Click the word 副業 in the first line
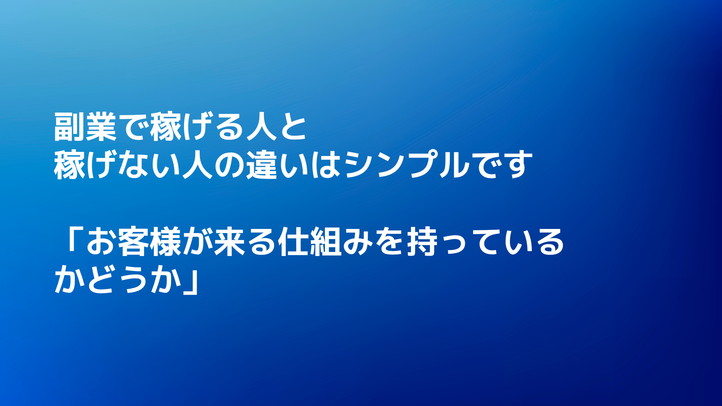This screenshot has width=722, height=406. tap(85, 127)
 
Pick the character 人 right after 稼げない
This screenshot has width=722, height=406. tap(198, 165)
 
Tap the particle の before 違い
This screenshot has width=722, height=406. tap(229, 166)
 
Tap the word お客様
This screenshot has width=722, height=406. tap(134, 241)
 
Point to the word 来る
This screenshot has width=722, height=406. tap(245, 241)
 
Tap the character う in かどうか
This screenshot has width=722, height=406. tap(134, 280)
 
